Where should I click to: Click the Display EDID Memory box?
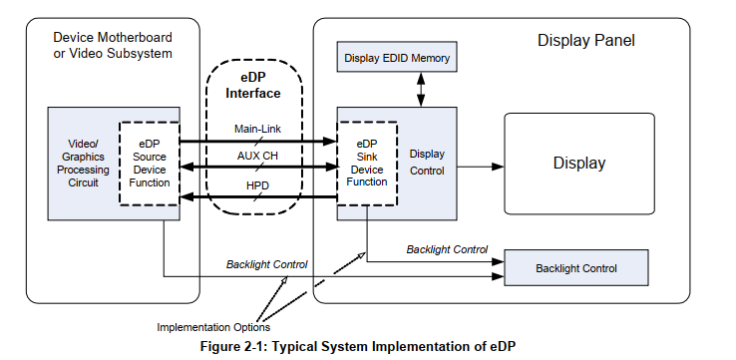pos(397,59)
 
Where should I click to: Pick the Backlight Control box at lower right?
pos(576,268)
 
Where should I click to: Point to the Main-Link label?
pos(257,130)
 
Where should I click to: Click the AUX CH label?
pos(257,158)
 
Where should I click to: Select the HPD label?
pos(257,185)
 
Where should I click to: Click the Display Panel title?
pos(585,41)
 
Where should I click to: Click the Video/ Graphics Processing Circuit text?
pos(83,164)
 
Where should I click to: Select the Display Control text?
pos(428,164)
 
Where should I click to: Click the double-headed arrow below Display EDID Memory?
pos(421,89)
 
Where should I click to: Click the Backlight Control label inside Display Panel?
pos(447,248)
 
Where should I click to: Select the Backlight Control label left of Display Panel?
pos(266,264)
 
